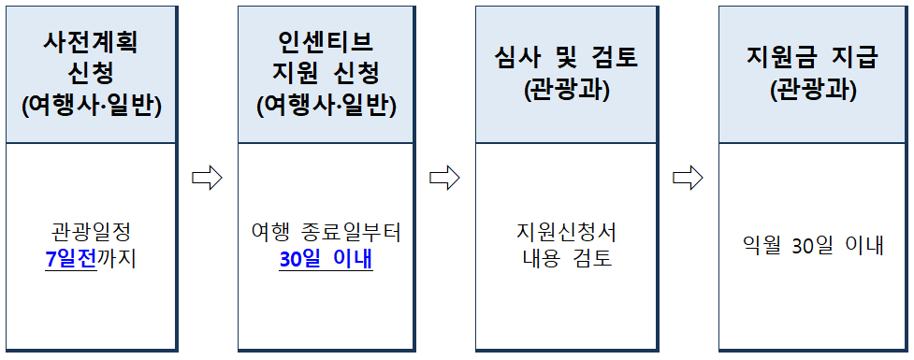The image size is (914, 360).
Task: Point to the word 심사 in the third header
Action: (520, 58)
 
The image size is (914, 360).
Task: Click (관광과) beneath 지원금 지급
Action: (812, 90)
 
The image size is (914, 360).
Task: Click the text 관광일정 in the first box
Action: (91, 231)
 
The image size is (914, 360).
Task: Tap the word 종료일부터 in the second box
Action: (354, 231)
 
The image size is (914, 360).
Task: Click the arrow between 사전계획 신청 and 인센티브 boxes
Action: (207, 177)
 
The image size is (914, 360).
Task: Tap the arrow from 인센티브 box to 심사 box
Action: (444, 177)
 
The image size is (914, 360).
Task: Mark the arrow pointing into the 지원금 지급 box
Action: (688, 177)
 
